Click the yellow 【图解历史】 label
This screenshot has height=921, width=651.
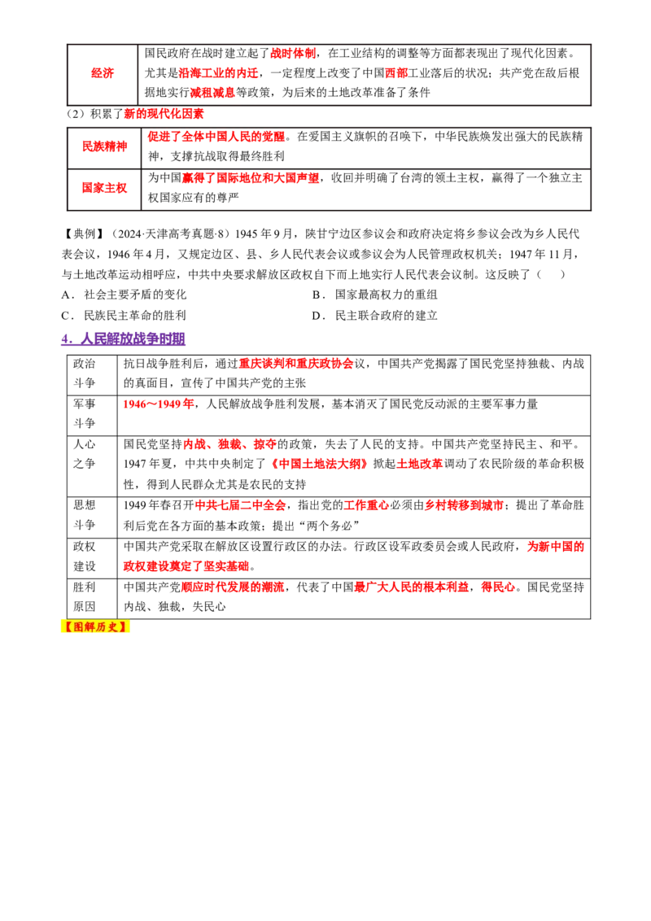(x=94, y=627)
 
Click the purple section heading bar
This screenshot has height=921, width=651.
(x=123, y=340)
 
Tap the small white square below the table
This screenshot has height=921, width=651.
(x=62, y=212)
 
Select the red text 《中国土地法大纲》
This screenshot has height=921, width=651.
(x=319, y=464)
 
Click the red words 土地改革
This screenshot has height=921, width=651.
(x=419, y=464)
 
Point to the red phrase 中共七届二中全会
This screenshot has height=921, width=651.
(x=240, y=505)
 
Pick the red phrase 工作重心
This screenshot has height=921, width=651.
(x=366, y=505)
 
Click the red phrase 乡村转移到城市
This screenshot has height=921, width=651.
(x=464, y=505)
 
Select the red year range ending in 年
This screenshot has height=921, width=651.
(x=159, y=404)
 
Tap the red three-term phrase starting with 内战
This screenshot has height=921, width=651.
(x=229, y=444)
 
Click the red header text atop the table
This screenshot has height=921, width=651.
(x=293, y=54)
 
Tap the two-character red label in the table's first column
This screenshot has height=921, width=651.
(x=102, y=72)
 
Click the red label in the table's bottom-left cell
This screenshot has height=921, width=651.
(x=104, y=187)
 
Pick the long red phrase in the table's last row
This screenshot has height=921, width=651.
(x=250, y=177)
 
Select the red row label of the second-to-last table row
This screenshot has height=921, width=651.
(x=104, y=146)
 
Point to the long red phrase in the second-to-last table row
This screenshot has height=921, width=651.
(x=216, y=137)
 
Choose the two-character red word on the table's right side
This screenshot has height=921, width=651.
(x=396, y=72)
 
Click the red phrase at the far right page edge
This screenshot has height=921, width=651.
(x=555, y=547)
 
